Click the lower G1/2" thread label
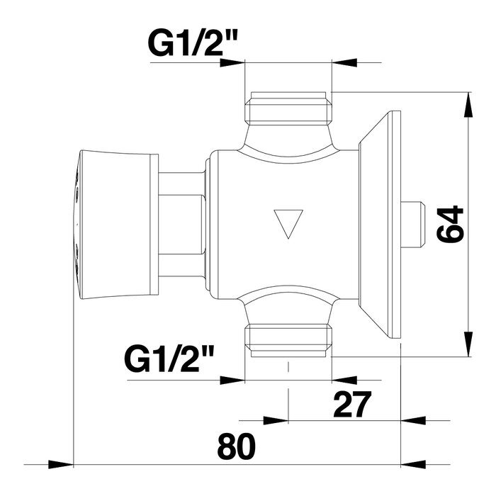(169, 359)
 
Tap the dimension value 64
(449, 225)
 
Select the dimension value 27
(351, 405)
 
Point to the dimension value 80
(236, 446)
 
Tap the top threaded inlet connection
(288, 109)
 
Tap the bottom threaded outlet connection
(288, 339)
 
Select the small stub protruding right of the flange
(412, 225)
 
